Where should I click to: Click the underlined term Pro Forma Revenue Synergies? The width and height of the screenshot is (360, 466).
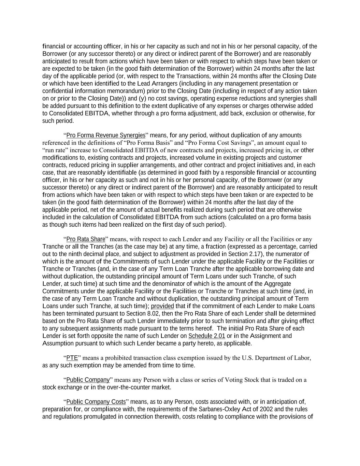(x=105, y=135)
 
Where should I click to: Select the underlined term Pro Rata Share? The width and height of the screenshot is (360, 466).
(x=86, y=239)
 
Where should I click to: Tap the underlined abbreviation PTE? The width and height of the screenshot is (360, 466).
(x=72, y=358)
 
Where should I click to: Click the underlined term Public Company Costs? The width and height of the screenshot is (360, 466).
(x=96, y=401)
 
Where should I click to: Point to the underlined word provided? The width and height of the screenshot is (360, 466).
(x=162, y=306)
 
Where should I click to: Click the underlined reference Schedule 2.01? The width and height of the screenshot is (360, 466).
(x=206, y=336)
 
